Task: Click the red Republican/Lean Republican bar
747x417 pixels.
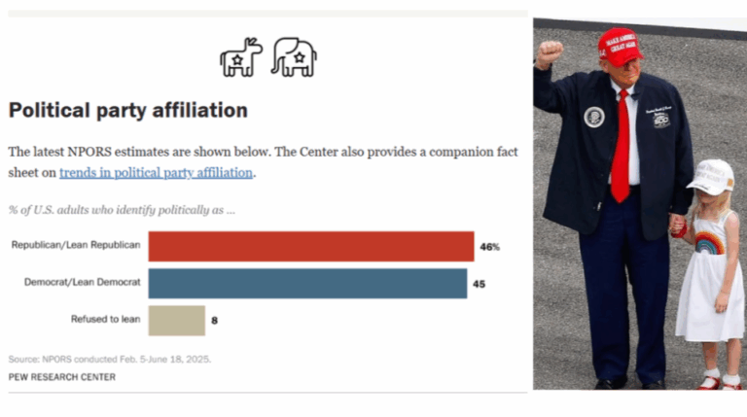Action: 310,246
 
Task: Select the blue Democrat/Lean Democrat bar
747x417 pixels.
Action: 307,283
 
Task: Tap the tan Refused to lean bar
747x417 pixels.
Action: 176,320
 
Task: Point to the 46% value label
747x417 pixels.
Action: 489,247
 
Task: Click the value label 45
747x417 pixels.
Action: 480,284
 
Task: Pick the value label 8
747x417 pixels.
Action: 215,320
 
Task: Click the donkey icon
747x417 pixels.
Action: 241,57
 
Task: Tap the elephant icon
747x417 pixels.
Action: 293,57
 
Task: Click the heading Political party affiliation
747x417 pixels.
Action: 128,110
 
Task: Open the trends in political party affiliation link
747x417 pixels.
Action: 157,172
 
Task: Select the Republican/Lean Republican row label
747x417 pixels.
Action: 76,246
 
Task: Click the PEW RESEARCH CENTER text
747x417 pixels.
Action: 61,376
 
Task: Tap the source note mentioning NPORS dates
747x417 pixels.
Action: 110,359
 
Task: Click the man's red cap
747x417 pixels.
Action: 620,45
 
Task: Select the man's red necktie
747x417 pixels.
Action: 621,146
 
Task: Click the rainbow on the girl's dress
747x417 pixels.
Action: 709,242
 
